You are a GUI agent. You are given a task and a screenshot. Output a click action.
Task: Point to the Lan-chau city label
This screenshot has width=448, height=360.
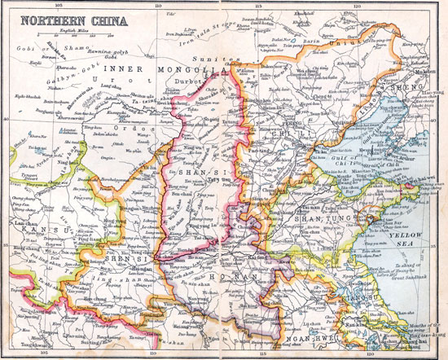click(19, 222)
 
